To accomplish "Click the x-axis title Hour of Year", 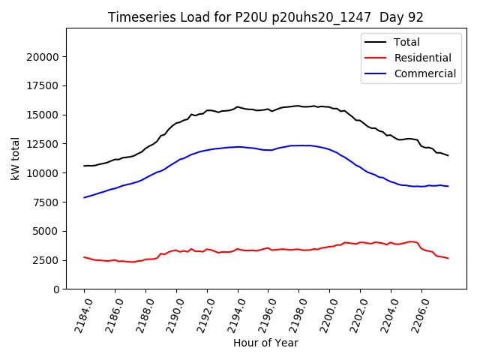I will click(x=265, y=343).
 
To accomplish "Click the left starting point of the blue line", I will click(x=84, y=197).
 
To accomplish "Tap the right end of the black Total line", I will click(x=448, y=155).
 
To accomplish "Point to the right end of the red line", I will click(x=448, y=258).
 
